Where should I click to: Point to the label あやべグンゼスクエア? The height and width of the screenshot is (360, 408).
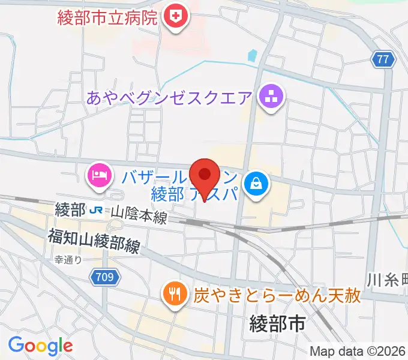[170, 97]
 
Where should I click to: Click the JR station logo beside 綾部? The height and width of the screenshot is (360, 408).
[95, 211]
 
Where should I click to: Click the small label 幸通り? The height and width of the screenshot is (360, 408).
[68, 260]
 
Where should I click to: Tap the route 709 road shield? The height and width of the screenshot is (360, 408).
[106, 277]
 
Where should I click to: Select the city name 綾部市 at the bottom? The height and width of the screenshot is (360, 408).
[277, 325]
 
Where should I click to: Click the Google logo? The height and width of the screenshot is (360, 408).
[40, 346]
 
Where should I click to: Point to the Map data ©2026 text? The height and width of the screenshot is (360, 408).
[358, 351]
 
